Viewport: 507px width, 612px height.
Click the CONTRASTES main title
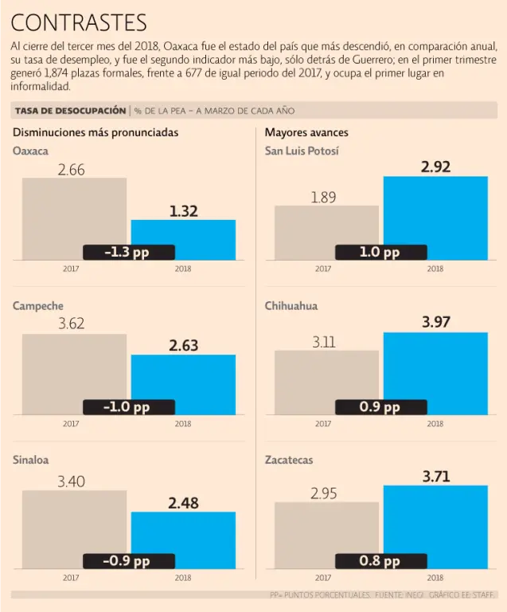80,22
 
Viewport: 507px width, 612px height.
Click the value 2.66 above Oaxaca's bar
71,169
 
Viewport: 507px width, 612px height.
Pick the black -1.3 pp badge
127,252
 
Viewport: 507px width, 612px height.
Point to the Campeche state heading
38,306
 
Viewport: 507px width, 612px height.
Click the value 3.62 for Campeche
71,324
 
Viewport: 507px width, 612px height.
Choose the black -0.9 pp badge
127,561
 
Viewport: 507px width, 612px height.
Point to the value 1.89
323,197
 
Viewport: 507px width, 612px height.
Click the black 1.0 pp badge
380,252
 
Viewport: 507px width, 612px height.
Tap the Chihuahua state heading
292,306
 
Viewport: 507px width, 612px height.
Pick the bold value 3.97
435,322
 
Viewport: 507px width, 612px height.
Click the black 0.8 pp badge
380,561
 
